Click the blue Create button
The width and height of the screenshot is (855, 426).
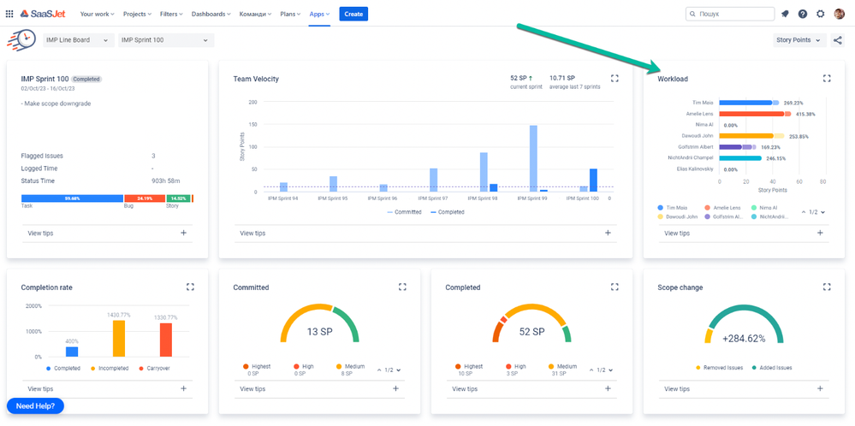353,14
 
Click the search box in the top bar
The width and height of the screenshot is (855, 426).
728,14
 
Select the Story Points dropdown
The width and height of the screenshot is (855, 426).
798,40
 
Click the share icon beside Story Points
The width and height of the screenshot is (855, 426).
837,40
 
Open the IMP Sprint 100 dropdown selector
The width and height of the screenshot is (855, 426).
165,40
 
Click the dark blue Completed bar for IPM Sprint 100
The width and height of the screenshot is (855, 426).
593,180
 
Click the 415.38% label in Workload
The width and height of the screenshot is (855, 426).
805,114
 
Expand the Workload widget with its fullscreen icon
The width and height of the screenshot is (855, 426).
827,79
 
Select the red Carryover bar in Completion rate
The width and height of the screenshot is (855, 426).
166,340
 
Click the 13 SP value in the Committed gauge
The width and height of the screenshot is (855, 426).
319,332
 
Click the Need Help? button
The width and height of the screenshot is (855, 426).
35,405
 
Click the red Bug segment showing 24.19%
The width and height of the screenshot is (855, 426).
145,198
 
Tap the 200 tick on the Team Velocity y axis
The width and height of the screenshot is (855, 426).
252,102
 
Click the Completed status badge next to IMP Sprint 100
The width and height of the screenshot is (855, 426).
86,79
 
